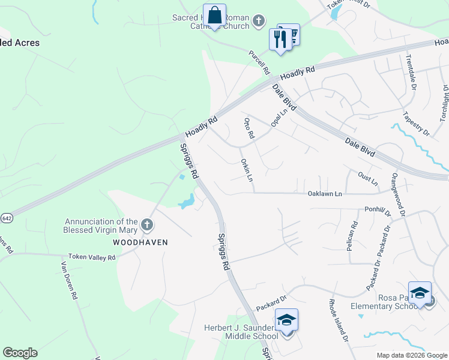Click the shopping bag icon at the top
pos(214,16)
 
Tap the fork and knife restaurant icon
pos(279,39)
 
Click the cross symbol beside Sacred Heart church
pos(258,22)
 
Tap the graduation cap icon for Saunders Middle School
pos(286,320)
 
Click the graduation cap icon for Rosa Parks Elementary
pos(420,293)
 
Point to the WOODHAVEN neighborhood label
pos(140,242)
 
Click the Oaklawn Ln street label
pos(324,194)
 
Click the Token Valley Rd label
pos(91,257)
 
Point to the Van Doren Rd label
pos(69,279)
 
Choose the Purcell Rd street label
pos(259,62)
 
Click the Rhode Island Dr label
pos(337,320)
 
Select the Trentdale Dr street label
pos(411,72)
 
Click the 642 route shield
pos(5,218)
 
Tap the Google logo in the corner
pos(20,353)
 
